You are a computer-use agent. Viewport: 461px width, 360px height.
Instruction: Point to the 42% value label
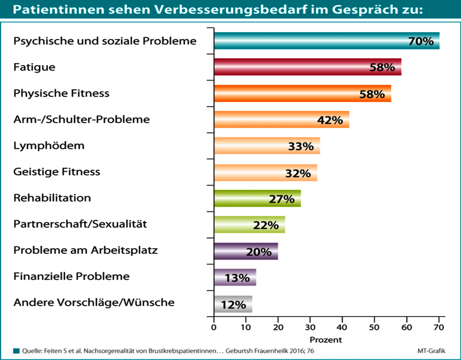coord(330,120)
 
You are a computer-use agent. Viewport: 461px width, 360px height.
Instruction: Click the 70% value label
coord(421,41)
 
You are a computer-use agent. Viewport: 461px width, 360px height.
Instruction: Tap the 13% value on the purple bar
coord(237,278)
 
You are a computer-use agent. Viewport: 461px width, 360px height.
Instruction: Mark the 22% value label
coord(266,225)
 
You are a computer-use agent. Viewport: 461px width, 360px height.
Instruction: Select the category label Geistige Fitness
coord(57,172)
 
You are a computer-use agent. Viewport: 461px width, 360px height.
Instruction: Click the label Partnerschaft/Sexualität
coord(80,224)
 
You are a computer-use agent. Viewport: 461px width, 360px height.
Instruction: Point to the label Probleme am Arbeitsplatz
coord(85,250)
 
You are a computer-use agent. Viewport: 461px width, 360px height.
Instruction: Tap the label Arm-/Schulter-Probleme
coord(81,119)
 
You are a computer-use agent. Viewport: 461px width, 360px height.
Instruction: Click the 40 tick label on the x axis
coord(342,327)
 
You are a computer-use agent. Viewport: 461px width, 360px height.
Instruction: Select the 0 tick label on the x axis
coord(214,327)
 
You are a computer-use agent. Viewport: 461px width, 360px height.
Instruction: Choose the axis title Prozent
coord(326,339)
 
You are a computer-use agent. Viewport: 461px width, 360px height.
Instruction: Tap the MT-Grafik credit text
coord(431,351)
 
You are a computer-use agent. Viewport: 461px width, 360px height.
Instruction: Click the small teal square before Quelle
coord(16,351)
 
